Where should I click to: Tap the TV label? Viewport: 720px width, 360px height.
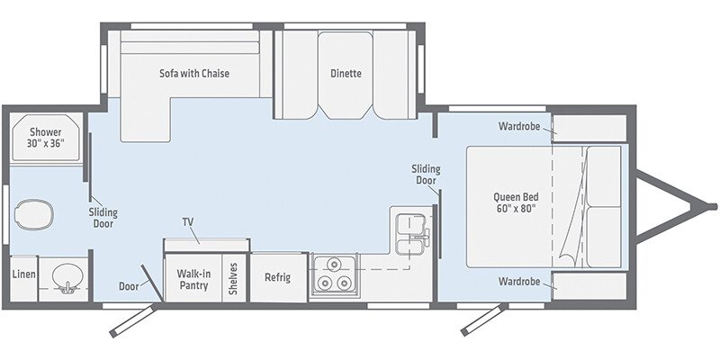tap(188, 221)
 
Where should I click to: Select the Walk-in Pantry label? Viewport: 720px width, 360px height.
tap(193, 278)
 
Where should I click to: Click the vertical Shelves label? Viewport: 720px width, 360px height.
tap(232, 278)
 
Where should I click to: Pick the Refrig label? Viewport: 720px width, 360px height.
tap(277, 278)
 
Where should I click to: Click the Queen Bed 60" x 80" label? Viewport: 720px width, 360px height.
tap(514, 202)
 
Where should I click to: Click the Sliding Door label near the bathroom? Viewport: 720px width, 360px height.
tap(103, 219)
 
